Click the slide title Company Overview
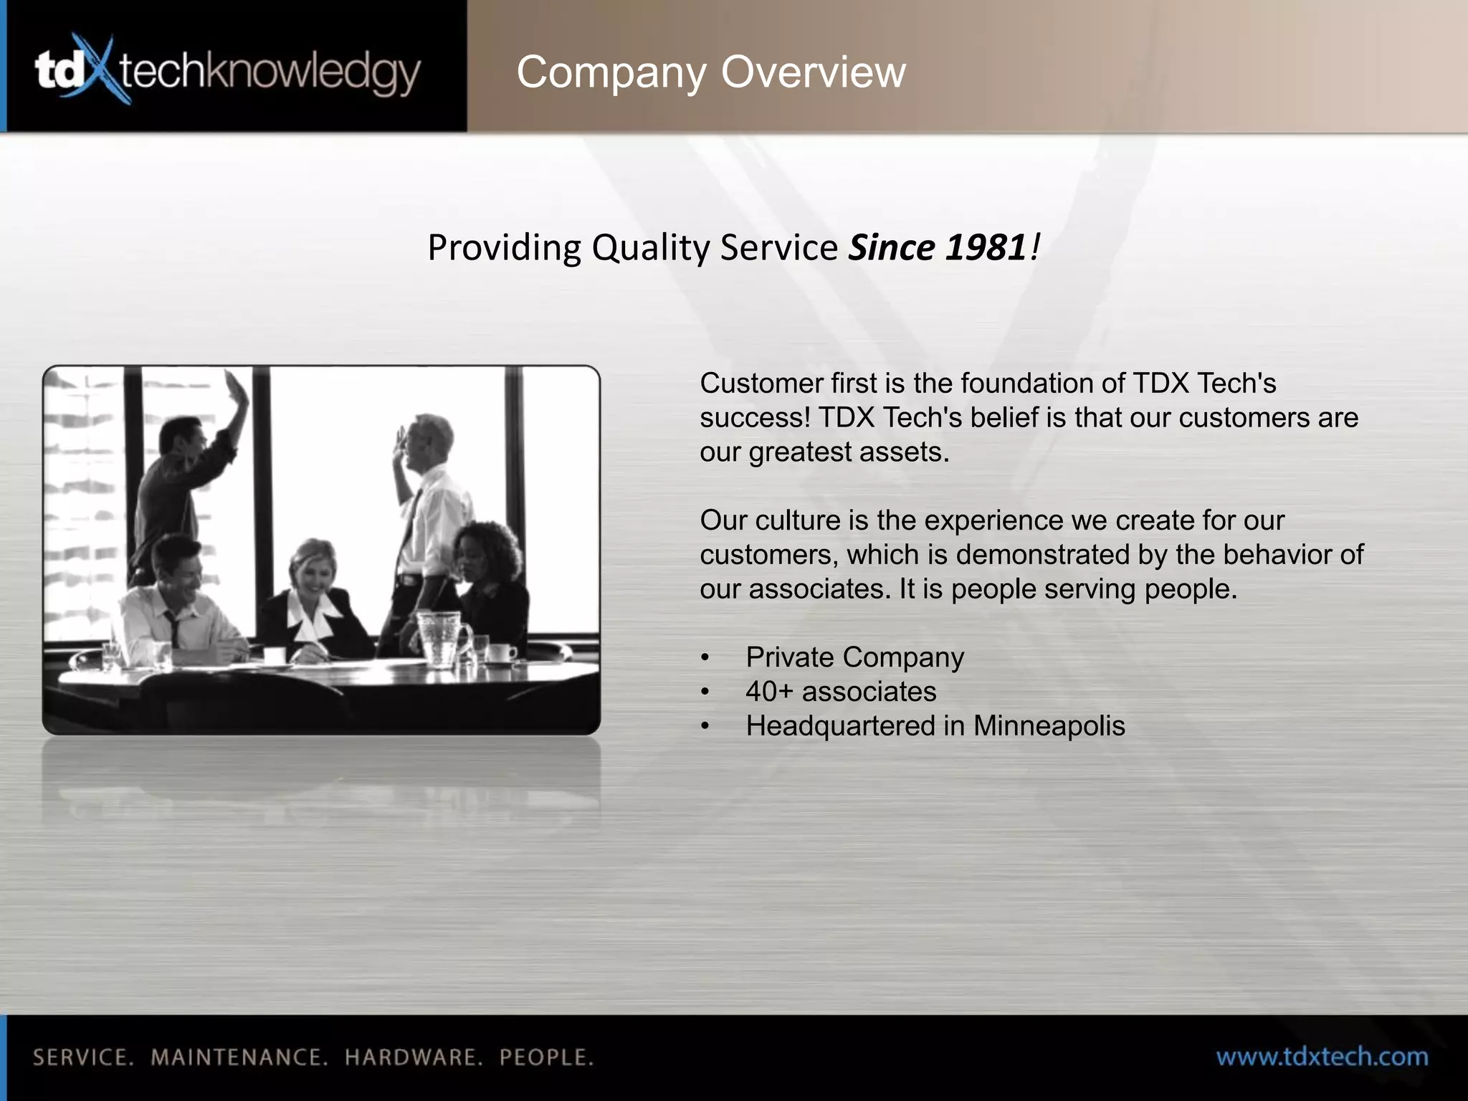tap(710, 72)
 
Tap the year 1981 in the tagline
tap(986, 247)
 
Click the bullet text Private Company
tap(854, 657)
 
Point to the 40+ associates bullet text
tap(840, 692)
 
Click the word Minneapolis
tap(1049, 726)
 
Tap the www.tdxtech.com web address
tap(1322, 1057)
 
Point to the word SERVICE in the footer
tap(82, 1057)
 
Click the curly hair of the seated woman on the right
tap(491, 545)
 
